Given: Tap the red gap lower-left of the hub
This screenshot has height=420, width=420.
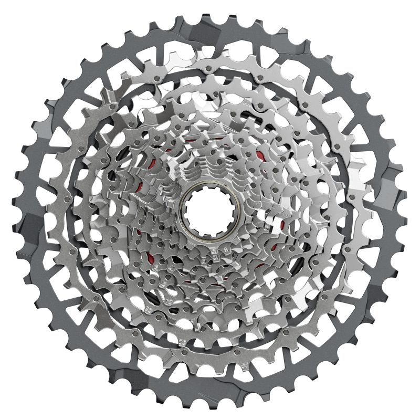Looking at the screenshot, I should pyautogui.click(x=152, y=257).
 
